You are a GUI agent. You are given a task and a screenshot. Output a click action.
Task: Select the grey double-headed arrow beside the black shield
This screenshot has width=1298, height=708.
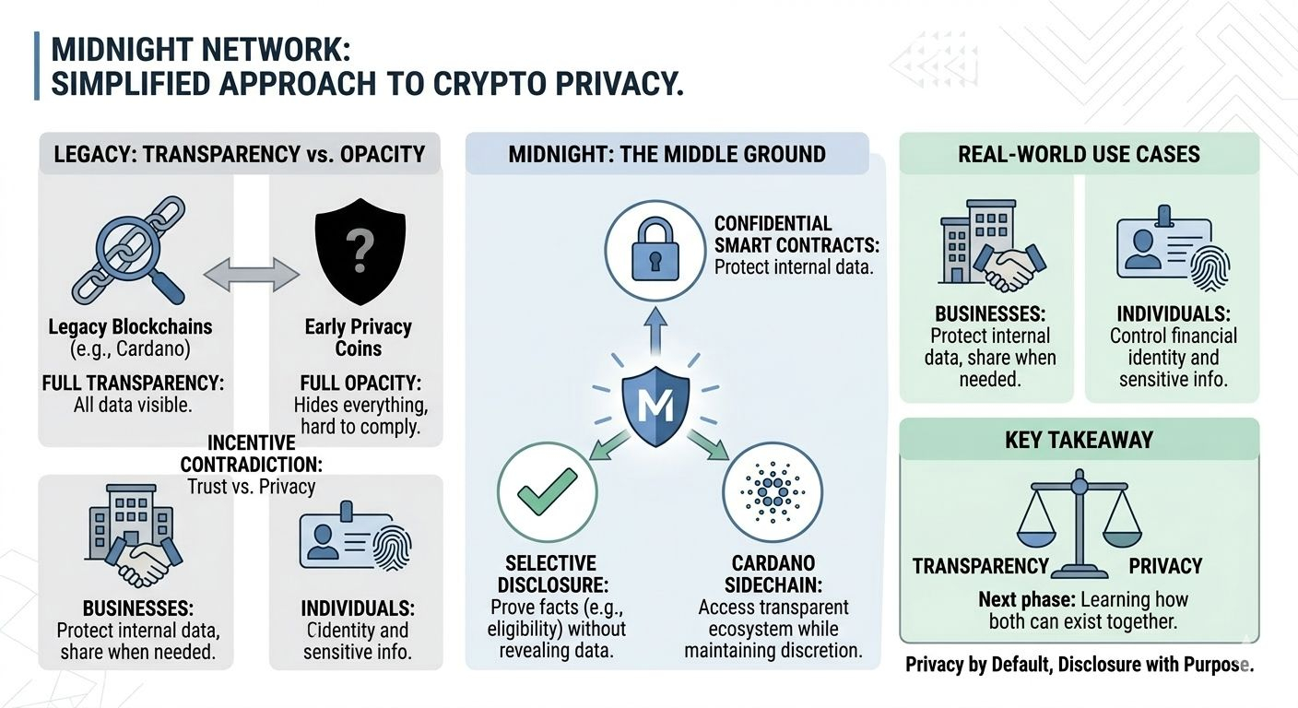252,273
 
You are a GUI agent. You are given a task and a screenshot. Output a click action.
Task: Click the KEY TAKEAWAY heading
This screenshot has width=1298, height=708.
1079,439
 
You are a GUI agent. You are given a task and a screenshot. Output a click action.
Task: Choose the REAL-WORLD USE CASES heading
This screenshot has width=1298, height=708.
1079,153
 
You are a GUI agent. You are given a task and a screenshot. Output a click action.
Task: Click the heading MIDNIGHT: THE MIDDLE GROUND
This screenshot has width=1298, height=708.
667,153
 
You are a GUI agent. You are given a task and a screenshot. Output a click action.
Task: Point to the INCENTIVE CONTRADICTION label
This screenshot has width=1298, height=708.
251,454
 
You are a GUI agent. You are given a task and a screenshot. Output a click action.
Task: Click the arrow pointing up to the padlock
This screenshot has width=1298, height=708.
655,327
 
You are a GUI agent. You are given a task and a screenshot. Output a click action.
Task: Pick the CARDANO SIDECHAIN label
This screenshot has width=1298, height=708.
773,573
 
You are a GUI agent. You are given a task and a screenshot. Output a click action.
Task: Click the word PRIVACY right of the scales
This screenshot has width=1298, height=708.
1165,566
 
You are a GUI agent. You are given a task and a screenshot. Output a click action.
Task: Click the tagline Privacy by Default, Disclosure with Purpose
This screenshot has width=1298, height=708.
1079,664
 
